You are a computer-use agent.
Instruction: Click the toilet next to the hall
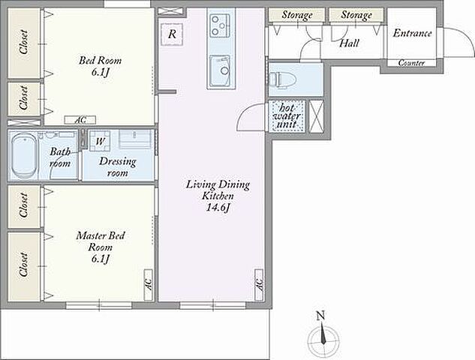tap(278, 79)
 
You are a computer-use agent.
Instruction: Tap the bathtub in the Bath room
tap(25, 156)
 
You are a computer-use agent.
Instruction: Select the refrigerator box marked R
tap(171, 34)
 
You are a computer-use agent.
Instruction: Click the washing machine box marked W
tap(100, 141)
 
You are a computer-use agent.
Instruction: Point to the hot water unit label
tap(286, 116)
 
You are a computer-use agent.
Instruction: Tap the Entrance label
tap(412, 33)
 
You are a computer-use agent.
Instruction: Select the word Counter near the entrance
tap(411, 63)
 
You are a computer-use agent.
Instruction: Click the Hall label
tap(349, 43)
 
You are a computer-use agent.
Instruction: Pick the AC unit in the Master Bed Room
tap(149, 285)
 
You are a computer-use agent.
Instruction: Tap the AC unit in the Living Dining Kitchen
tap(259, 285)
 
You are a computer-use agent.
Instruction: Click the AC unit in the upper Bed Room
tap(80, 120)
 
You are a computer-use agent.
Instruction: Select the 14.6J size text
tap(218, 208)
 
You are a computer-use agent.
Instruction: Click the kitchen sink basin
tap(220, 70)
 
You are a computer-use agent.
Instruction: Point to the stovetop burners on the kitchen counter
tap(220, 25)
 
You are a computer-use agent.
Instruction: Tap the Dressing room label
tap(118, 166)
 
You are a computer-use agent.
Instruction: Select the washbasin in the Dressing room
tap(135, 139)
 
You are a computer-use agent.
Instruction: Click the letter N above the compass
tap(320, 316)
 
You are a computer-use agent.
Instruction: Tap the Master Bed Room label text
tap(101, 241)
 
